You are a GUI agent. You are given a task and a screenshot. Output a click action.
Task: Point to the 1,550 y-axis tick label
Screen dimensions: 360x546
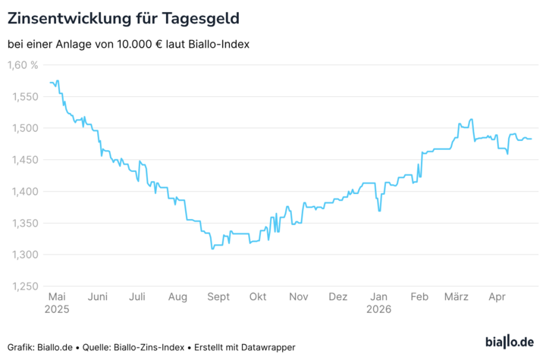23,97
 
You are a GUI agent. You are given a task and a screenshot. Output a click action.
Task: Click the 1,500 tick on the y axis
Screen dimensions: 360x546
23,129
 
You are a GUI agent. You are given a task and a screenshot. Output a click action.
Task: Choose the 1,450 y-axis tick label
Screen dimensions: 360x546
23,160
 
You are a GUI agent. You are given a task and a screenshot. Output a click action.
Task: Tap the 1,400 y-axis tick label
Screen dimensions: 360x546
23,192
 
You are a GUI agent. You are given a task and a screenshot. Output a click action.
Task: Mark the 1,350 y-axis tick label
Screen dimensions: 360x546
23,224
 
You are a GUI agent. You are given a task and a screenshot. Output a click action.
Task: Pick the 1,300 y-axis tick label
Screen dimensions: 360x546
23,255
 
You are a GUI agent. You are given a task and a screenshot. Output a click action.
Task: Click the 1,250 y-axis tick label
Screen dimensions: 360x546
23,286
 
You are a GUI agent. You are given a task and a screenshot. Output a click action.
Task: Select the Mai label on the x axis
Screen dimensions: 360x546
58,297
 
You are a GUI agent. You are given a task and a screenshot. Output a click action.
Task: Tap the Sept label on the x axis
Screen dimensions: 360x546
218,297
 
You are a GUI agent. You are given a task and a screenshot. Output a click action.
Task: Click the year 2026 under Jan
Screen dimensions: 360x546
378,310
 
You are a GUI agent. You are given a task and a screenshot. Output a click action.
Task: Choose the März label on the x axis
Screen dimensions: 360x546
457,297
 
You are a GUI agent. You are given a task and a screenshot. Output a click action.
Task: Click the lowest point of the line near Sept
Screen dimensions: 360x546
212,249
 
